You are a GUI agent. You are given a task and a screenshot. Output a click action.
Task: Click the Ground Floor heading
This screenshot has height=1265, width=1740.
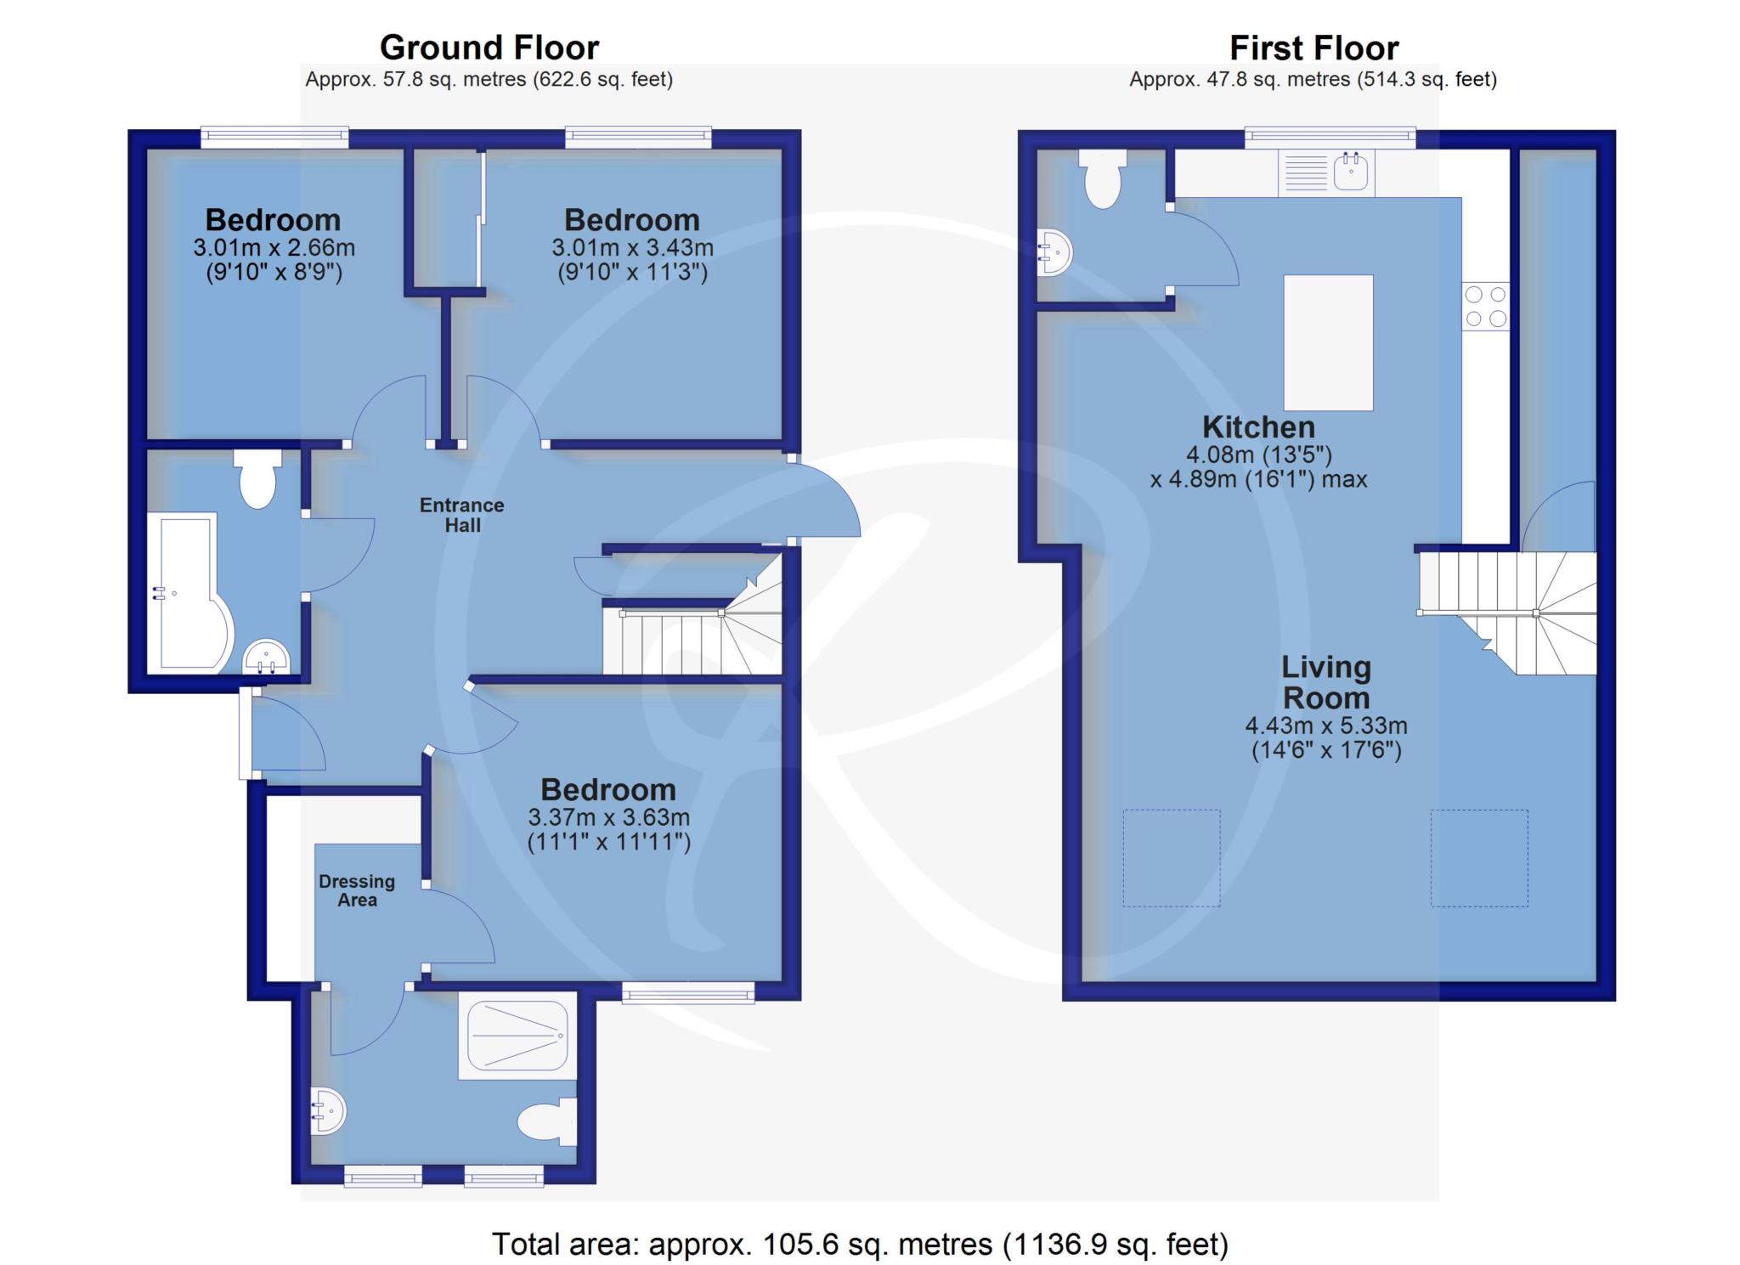489,47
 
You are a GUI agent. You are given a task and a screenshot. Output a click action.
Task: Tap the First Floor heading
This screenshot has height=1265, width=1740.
1313,48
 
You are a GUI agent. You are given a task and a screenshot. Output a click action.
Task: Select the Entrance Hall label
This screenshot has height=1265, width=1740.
462,515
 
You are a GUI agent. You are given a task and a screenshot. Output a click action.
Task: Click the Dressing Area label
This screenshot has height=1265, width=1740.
357,890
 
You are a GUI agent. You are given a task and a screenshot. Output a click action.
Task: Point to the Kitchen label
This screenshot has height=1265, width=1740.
1258,426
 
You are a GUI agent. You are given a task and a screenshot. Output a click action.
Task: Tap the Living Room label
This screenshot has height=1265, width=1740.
1326,682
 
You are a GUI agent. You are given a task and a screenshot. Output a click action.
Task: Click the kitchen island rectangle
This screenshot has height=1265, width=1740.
1328,342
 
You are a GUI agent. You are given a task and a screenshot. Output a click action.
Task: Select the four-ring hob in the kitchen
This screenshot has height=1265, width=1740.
1485,307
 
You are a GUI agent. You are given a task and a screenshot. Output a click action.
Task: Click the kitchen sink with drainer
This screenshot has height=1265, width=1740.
1326,172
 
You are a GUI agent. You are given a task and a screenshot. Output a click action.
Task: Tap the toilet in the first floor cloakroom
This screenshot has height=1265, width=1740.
1103,178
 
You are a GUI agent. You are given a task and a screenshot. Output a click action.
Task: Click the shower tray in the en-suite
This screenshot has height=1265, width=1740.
517,1036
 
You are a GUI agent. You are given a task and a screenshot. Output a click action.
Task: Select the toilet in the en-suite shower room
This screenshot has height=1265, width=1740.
547,1121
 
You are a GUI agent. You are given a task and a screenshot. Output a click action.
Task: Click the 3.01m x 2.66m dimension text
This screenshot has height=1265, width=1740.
274,248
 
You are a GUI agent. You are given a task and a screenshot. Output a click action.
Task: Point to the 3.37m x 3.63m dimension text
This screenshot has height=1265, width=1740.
608,817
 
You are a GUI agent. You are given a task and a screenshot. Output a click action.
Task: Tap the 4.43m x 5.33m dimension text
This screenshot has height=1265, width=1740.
1326,726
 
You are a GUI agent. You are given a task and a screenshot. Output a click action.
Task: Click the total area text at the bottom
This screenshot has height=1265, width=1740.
861,1245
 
